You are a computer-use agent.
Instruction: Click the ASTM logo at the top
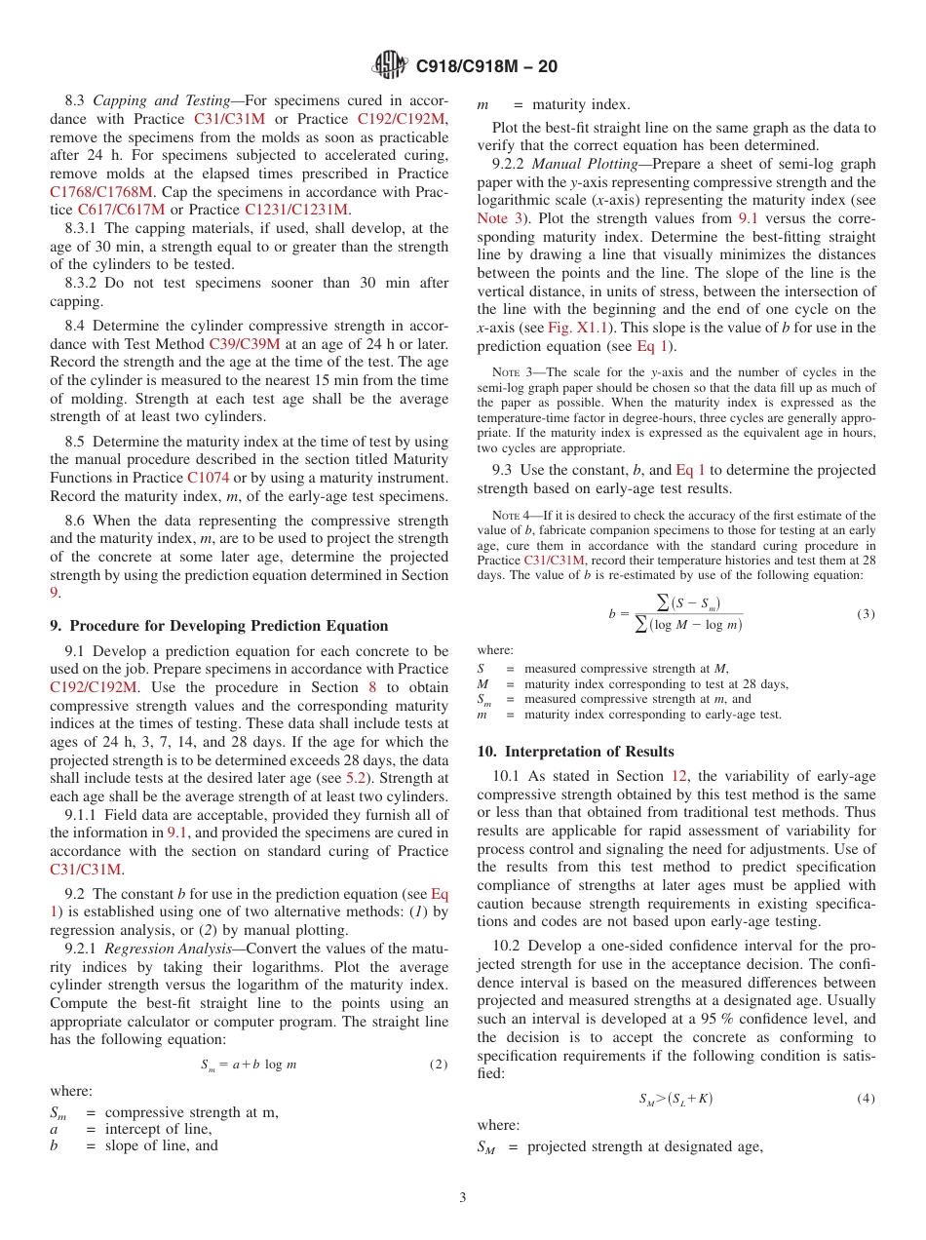tap(391, 66)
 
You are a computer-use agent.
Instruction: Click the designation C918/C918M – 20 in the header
tap(486, 67)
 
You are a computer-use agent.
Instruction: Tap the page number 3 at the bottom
tap(463, 1197)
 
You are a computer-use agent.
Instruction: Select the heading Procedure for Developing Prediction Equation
tap(228, 626)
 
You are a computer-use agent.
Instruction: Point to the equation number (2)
tap(439, 1065)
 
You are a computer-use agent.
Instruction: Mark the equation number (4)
tap(866, 1099)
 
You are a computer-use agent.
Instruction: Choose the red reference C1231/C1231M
tap(296, 210)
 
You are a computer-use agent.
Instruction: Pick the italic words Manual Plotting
tap(582, 165)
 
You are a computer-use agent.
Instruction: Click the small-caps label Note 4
tap(507, 516)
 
